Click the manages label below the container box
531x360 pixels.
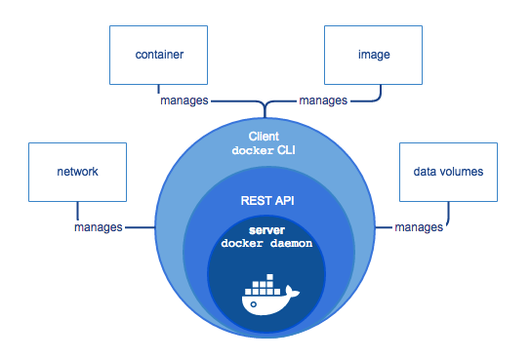click(x=184, y=100)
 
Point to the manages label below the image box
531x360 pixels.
click(x=323, y=100)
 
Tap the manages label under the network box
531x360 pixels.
click(x=99, y=227)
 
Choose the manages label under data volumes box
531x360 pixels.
click(x=419, y=227)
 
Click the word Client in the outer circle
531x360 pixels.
click(x=264, y=137)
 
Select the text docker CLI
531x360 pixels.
click(x=264, y=150)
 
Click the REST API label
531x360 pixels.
click(x=267, y=201)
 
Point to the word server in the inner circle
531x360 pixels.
click(x=266, y=230)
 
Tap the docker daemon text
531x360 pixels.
click(x=266, y=243)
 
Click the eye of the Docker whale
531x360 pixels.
click(x=254, y=304)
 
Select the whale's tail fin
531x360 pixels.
click(x=292, y=292)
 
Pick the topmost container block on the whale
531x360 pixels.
click(x=269, y=277)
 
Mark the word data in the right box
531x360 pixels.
click(x=425, y=172)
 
